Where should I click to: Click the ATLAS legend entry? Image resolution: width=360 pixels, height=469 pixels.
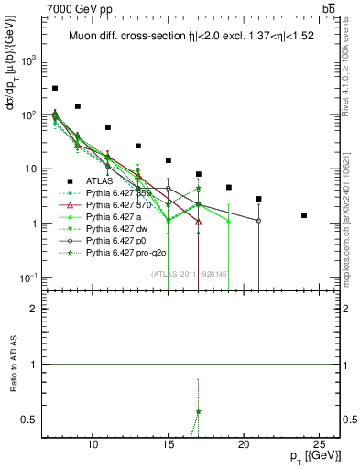(98, 180)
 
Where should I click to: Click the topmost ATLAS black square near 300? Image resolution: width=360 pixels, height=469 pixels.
(55, 88)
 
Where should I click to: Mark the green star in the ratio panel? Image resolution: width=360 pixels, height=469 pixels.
(198, 412)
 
